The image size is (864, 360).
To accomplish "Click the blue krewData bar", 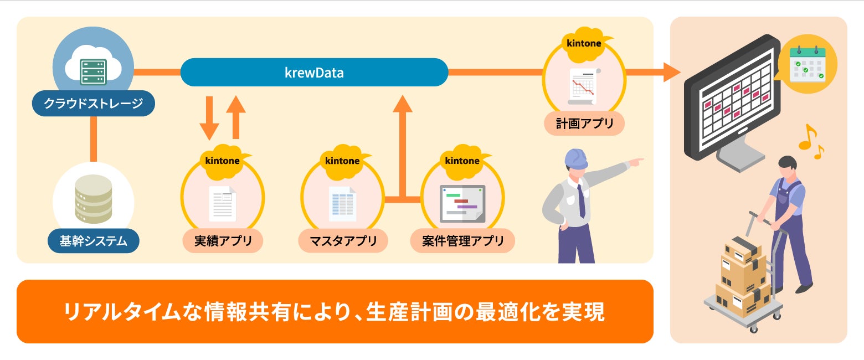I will coord(314,72).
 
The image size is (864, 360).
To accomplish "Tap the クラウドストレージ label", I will coord(93,103).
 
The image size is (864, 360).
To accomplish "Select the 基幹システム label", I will coord(93,241).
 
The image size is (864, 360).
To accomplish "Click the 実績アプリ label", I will coord(223,241).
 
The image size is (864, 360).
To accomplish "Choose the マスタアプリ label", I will coord(343,241).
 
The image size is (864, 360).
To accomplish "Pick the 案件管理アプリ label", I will coord(462,241).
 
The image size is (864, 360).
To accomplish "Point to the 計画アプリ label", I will coord(584,123).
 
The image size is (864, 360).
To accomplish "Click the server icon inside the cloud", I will coord(92,71).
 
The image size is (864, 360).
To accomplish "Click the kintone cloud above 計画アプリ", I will coord(584,43).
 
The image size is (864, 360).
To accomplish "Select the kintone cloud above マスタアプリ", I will coord(342,161).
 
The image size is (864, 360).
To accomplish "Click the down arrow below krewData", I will coord(209,118).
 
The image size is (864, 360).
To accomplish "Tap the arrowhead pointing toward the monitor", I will coord(671,71).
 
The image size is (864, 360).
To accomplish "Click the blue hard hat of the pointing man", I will coord(575,159).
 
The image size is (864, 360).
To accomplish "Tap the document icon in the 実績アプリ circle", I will coord(223,204).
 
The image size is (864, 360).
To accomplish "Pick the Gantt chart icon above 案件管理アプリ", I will coord(462,203).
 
